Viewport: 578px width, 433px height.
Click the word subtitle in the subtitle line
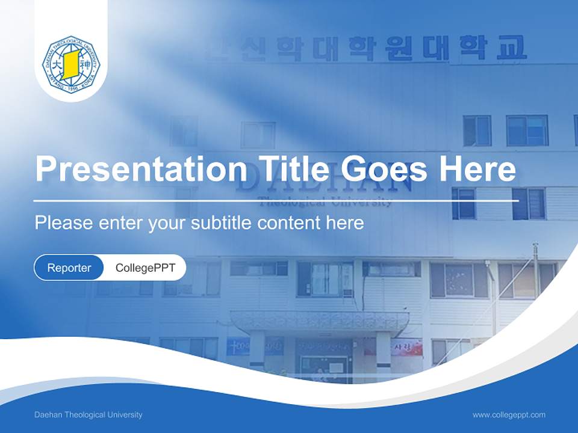(x=221, y=223)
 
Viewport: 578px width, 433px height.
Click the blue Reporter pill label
(x=69, y=268)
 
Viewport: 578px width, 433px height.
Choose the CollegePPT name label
(x=145, y=268)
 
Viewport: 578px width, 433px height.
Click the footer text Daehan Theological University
(x=89, y=415)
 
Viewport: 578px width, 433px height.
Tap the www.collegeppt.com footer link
(x=509, y=415)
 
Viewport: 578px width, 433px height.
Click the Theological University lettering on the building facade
(x=325, y=202)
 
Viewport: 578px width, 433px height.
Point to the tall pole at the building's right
(x=535, y=271)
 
